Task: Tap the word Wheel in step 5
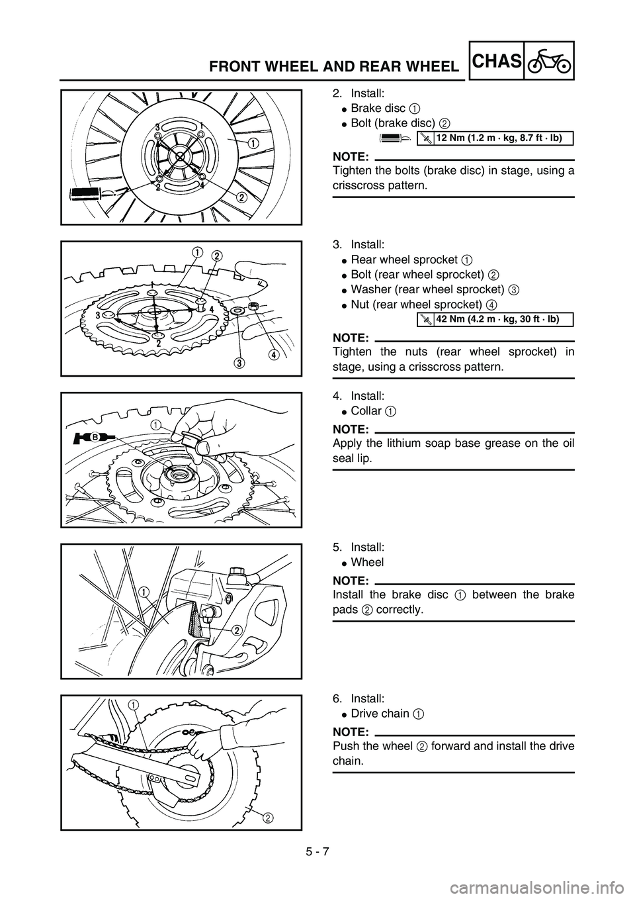[367, 562]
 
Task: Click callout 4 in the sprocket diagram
[273, 354]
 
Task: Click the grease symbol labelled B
[93, 438]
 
